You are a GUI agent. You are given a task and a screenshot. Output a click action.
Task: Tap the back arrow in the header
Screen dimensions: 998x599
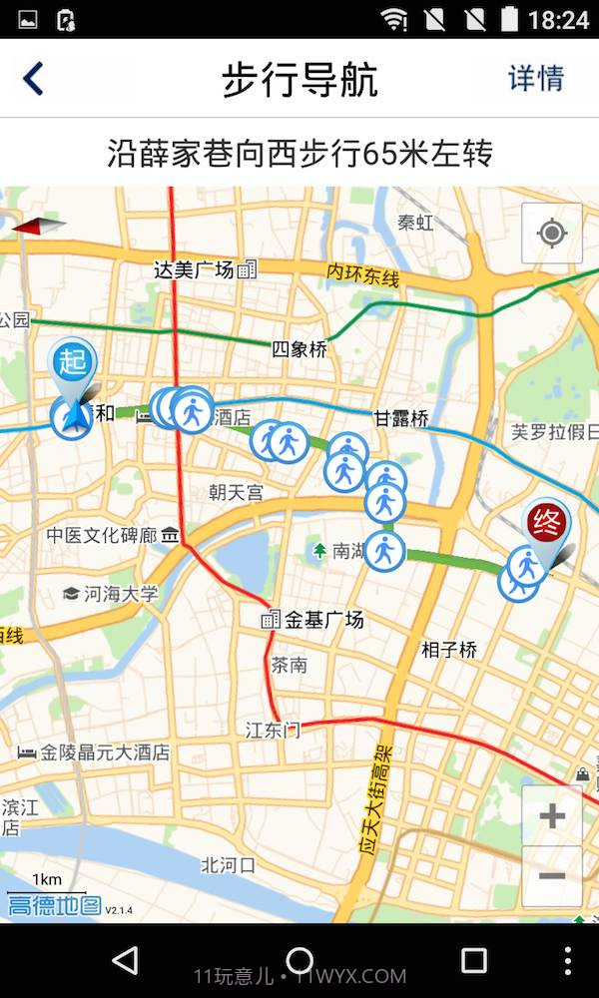[x=34, y=79]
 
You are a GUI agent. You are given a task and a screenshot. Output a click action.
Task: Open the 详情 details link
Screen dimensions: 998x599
[x=536, y=79]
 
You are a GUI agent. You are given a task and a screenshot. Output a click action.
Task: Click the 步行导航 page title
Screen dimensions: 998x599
[x=299, y=80]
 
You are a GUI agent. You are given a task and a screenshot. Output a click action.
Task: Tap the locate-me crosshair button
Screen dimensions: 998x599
[x=551, y=234]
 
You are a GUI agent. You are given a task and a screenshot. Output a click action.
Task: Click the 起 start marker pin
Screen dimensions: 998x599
[x=73, y=361]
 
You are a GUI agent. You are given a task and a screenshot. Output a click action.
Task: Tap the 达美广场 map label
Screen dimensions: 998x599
[x=195, y=269]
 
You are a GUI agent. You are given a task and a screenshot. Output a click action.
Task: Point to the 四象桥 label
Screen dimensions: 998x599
[x=299, y=349]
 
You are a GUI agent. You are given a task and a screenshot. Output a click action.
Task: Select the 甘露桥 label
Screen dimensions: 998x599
[x=401, y=419]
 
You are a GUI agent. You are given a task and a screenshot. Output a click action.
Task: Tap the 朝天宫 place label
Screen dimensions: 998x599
[x=237, y=492]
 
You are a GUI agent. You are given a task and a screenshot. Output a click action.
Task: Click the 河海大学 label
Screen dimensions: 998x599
[x=121, y=594]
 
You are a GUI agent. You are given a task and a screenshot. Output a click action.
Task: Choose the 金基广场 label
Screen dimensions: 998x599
[x=323, y=620]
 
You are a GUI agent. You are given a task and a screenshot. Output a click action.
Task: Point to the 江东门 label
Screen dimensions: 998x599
[x=273, y=731]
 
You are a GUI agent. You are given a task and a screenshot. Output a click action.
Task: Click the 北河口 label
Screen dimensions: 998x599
[x=229, y=863]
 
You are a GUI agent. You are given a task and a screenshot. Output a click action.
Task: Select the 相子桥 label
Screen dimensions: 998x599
[x=449, y=650]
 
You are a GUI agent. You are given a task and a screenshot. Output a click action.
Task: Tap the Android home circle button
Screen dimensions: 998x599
[x=299, y=960]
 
